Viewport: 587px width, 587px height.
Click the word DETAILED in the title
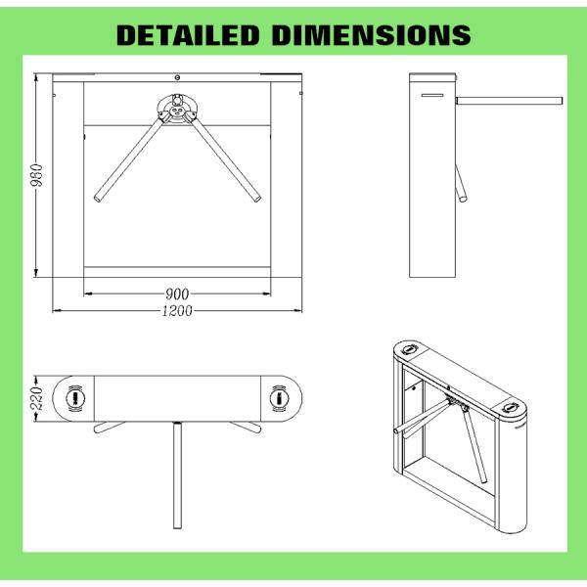click(x=188, y=35)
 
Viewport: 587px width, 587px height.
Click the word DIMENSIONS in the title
click(x=372, y=35)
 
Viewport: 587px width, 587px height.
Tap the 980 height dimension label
click(x=38, y=175)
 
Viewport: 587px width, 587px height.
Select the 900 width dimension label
click(x=177, y=294)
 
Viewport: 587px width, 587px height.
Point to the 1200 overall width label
click(x=177, y=311)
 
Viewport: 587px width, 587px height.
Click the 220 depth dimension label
click(x=37, y=398)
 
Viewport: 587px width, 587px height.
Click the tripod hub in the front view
click(x=177, y=110)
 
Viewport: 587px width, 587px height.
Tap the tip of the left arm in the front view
click(x=98, y=198)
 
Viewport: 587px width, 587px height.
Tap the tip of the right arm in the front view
click(x=257, y=198)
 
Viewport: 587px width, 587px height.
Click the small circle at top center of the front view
click(x=177, y=77)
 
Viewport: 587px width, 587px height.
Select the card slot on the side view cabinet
click(x=432, y=95)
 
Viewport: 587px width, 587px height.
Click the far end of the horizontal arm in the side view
click(x=562, y=101)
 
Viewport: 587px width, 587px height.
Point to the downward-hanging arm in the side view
click(x=461, y=184)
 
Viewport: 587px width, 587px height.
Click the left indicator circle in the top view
click(x=75, y=398)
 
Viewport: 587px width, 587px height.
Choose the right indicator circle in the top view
click(x=279, y=398)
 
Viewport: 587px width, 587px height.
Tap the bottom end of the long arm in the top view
click(x=177, y=527)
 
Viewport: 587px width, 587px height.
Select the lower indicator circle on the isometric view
click(x=510, y=407)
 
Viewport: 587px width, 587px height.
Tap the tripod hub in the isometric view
click(x=456, y=402)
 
